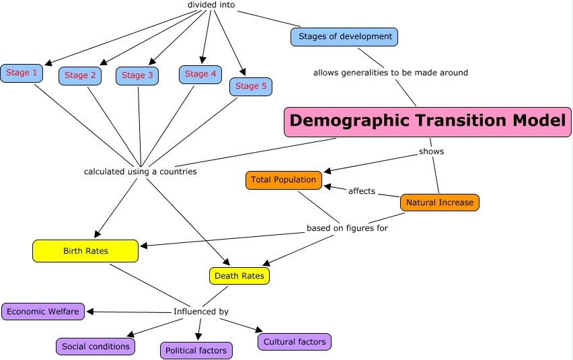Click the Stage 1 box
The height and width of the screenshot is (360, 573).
pyautogui.click(x=22, y=73)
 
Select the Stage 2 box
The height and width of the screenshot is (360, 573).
pyautogui.click(x=80, y=75)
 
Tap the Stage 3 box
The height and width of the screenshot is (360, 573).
pyautogui.click(x=137, y=75)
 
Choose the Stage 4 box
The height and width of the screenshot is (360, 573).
pyautogui.click(x=200, y=74)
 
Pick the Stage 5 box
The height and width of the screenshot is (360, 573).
pyautogui.click(x=251, y=86)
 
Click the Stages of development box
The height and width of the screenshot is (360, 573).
pyautogui.click(x=344, y=36)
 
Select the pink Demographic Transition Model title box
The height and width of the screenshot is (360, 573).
pyautogui.click(x=428, y=122)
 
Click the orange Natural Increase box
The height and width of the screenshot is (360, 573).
pyautogui.click(x=440, y=203)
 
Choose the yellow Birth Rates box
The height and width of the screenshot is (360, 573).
pyautogui.click(x=85, y=251)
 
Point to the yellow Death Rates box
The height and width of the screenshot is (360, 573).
pyautogui.click(x=239, y=275)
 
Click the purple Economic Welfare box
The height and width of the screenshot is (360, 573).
pyautogui.click(x=44, y=312)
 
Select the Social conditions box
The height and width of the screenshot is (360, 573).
pyautogui.click(x=95, y=347)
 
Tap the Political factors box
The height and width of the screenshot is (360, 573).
pyautogui.click(x=196, y=351)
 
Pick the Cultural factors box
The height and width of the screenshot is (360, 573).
pyautogui.click(x=295, y=342)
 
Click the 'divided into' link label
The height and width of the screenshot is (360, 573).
pyautogui.click(x=211, y=5)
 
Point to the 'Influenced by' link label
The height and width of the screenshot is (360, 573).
pyautogui.click(x=201, y=312)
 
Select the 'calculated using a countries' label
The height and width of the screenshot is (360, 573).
pyautogui.click(x=140, y=172)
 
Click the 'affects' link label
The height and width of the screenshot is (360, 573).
pyautogui.click(x=362, y=191)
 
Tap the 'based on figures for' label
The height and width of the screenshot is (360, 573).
pyautogui.click(x=347, y=228)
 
